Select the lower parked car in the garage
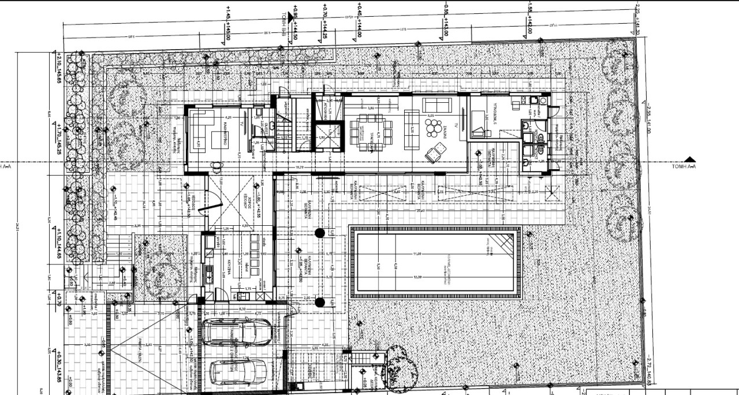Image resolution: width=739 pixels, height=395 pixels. pyautogui.click(x=236, y=373)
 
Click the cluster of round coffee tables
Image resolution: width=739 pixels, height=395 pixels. pyautogui.click(x=432, y=128)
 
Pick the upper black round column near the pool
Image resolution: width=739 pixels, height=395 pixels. pyautogui.click(x=319, y=233)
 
